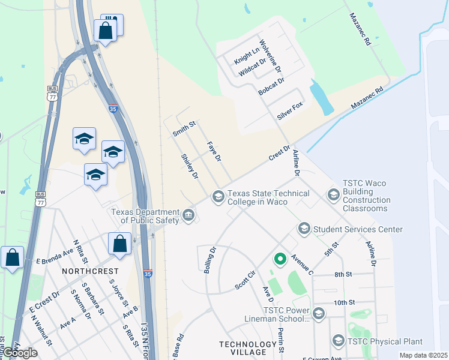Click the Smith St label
click(x=184, y=129)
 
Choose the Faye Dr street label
click(x=214, y=151)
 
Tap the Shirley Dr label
click(x=190, y=167)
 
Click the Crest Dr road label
click(x=280, y=152)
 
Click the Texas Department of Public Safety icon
click(x=188, y=215)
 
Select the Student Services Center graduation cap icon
click(x=304, y=229)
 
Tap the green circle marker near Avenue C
click(x=279, y=259)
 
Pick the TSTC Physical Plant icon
click(x=338, y=341)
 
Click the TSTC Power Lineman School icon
click(x=318, y=313)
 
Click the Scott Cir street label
click(x=245, y=280)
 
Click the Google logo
click(x=20, y=353)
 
